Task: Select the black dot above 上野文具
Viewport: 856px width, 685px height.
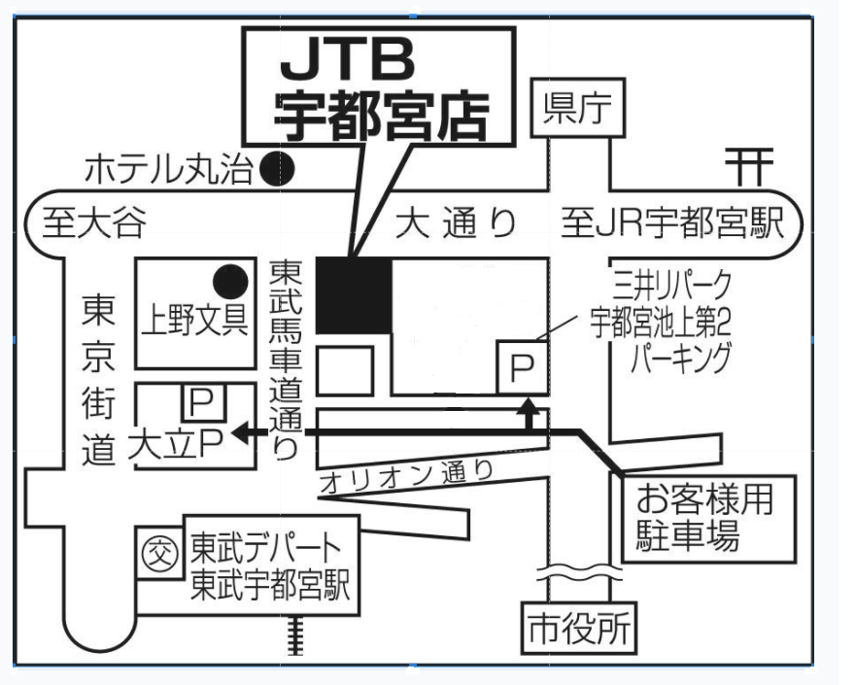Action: click(228, 281)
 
